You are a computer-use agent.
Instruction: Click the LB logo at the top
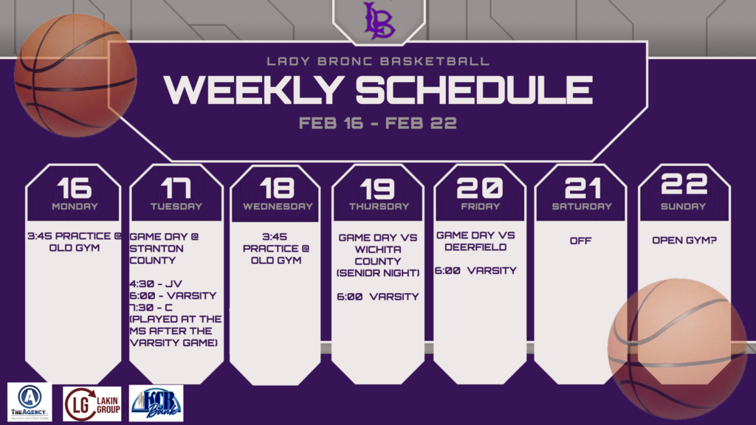[379, 20]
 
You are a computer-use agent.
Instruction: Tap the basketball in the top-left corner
[75, 75]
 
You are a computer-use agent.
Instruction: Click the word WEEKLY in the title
[253, 90]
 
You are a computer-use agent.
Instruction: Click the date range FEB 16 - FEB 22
[377, 123]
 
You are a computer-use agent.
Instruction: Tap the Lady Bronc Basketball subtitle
[377, 61]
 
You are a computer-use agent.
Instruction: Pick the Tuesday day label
[176, 207]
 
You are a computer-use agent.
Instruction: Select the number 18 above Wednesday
[277, 187]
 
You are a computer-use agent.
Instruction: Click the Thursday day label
[379, 207]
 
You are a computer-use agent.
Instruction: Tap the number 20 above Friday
[480, 187]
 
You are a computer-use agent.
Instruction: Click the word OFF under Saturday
[580, 241]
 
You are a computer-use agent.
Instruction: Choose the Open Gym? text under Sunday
[683, 241]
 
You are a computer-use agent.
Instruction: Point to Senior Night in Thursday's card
[378, 272]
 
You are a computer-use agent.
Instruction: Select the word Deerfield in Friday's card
[467, 247]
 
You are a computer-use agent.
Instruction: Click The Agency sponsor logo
[30, 402]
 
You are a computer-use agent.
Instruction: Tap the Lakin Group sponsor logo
[92, 403]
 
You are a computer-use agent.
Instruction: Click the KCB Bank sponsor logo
[156, 403]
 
